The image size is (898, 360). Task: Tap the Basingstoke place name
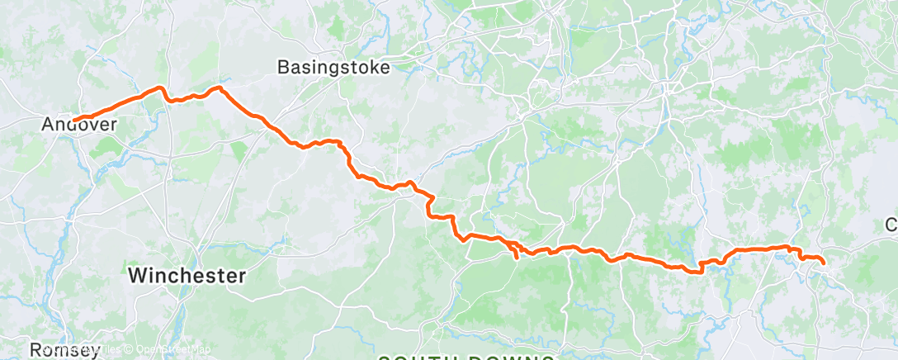tap(333, 68)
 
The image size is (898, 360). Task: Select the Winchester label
tap(187, 276)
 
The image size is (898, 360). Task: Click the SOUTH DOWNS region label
tap(466, 356)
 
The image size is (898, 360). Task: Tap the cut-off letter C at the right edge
tap(891, 225)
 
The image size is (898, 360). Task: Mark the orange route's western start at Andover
tap(73, 120)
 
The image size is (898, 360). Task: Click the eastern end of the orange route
tap(823, 263)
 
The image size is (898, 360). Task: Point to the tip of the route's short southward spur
tap(517, 258)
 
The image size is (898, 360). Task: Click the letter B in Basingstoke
tap(284, 68)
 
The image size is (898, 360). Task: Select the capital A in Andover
tap(48, 125)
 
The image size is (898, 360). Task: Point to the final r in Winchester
tap(242, 276)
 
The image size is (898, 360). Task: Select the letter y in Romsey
tap(93, 351)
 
